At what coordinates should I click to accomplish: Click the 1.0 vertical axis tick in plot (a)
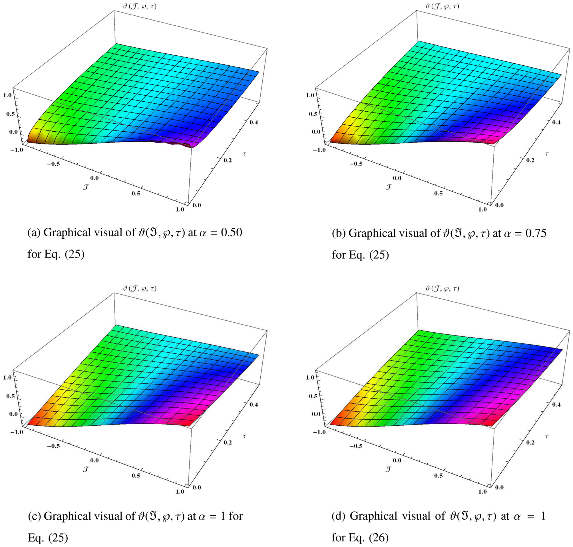tap(8, 95)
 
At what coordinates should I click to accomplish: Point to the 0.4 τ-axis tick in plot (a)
tap(254, 122)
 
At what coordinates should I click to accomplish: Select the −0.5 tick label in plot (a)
tap(53, 164)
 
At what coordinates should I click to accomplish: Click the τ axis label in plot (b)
tap(547, 153)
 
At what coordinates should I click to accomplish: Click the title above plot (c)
tap(139, 289)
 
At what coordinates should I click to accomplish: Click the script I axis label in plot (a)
tap(85, 187)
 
